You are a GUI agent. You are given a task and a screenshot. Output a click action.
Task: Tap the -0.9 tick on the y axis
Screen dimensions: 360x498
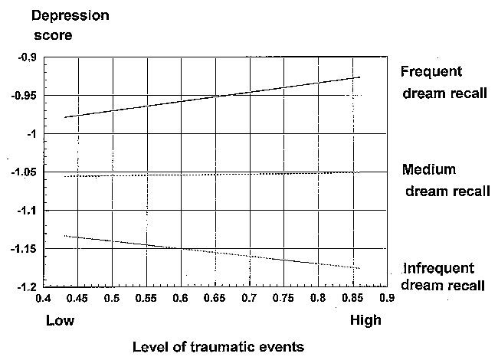(28, 57)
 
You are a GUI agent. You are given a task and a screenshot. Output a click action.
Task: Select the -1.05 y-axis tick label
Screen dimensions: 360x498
(26, 172)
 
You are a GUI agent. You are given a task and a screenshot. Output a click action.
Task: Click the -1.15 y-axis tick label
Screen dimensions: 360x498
(26, 249)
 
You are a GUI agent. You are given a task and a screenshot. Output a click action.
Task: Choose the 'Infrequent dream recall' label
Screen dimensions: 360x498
(443, 277)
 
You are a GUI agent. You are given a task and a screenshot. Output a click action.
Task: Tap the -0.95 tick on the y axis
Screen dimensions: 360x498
(26, 96)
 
